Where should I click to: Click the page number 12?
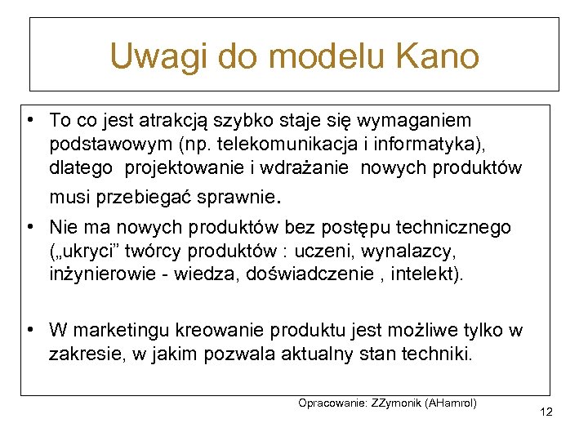pyautogui.click(x=546, y=412)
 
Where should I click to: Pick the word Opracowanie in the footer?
pyautogui.click(x=332, y=403)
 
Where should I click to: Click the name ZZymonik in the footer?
pyautogui.click(x=398, y=403)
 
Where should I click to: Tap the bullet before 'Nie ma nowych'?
pyautogui.click(x=29, y=226)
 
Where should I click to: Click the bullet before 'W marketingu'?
pyautogui.click(x=29, y=330)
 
